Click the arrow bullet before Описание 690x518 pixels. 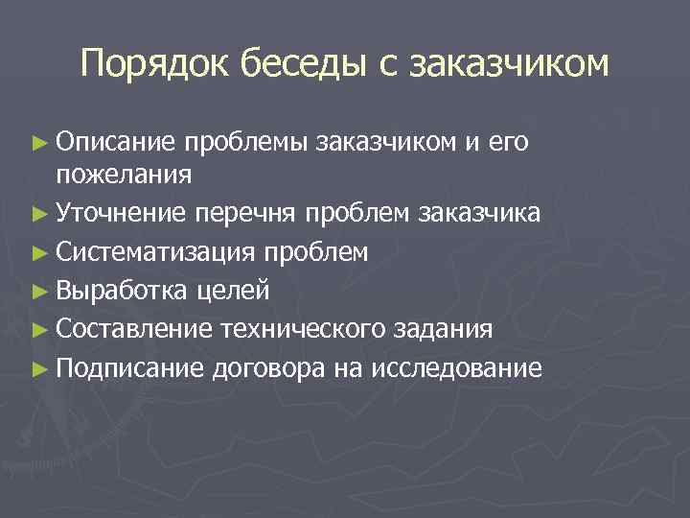coord(39,143)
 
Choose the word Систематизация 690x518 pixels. coord(154,251)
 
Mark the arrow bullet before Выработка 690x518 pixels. coord(39,291)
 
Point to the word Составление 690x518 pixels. coord(134,329)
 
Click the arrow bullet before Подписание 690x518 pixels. coord(39,368)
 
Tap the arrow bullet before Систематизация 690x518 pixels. coord(39,252)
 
